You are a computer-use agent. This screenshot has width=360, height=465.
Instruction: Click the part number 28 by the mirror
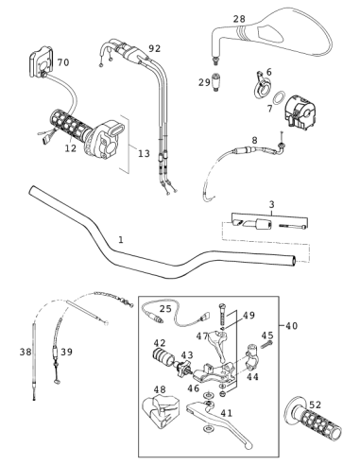[239, 19]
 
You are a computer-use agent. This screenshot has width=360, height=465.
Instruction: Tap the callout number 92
[155, 48]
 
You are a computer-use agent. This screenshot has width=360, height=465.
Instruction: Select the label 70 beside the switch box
[63, 62]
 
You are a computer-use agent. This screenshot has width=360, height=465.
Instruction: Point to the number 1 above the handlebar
[121, 240]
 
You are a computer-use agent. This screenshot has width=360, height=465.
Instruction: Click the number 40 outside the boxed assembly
[291, 326]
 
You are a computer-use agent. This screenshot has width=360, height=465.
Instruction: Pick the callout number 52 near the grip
[315, 405]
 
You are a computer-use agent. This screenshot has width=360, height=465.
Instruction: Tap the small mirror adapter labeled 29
[215, 82]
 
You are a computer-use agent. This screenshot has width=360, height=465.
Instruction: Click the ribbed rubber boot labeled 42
[163, 358]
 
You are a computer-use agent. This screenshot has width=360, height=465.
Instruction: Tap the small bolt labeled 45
[266, 345]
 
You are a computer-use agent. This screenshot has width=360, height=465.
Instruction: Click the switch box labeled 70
[42, 61]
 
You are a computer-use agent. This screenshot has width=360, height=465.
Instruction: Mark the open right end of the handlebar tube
[294, 261]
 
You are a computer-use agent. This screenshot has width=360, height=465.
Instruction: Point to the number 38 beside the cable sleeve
[26, 352]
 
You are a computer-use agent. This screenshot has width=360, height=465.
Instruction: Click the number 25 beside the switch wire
[165, 309]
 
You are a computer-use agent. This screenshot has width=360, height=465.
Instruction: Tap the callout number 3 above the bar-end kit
[271, 204]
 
